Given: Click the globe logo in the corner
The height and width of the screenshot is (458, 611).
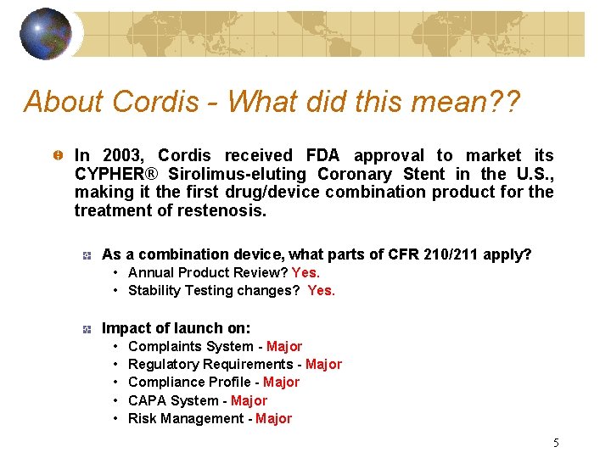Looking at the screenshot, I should coord(45,34).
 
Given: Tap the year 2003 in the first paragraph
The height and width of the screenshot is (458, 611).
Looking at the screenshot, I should coord(125,155).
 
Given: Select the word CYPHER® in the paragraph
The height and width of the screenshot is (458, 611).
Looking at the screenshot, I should coord(115,174).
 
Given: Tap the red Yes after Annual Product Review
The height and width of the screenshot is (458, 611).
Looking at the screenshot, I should coord(305,272).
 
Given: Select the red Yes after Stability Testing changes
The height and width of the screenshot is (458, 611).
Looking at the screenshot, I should coord(322,290).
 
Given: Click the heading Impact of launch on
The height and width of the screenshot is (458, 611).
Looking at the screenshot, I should coord(176,327).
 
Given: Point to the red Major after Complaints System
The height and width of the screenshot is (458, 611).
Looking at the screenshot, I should coord(284,346).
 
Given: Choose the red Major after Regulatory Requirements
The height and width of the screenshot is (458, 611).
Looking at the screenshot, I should coord(323,364).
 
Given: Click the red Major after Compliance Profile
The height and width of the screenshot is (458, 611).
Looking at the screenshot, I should coord(281,382).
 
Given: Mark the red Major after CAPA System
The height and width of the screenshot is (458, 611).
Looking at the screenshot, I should coord(249,400).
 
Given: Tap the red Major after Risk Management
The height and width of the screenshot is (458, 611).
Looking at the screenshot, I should coord(273,418).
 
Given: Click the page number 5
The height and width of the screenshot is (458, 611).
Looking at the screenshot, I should coord(556,442).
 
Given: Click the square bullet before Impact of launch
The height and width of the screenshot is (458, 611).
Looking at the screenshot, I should coord(86,328).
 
